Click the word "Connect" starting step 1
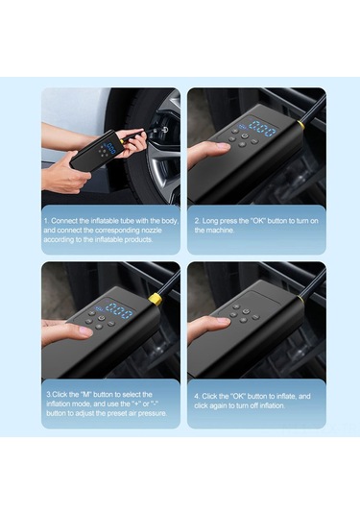coord(64,221)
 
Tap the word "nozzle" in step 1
coord(152,231)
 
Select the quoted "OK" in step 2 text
coord(258,221)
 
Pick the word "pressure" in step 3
coord(153,413)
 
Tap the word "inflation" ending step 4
coord(273,405)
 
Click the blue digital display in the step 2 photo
coord(258,129)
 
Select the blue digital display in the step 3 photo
coord(115,310)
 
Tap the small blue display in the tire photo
coord(109,148)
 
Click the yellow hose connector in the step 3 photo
coord(155,300)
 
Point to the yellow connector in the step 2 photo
coord(300,125)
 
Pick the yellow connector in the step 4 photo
coord(300,299)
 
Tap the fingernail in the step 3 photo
coord(84,331)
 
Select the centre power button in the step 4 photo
coord(246,311)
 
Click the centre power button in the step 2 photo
coord(244,135)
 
